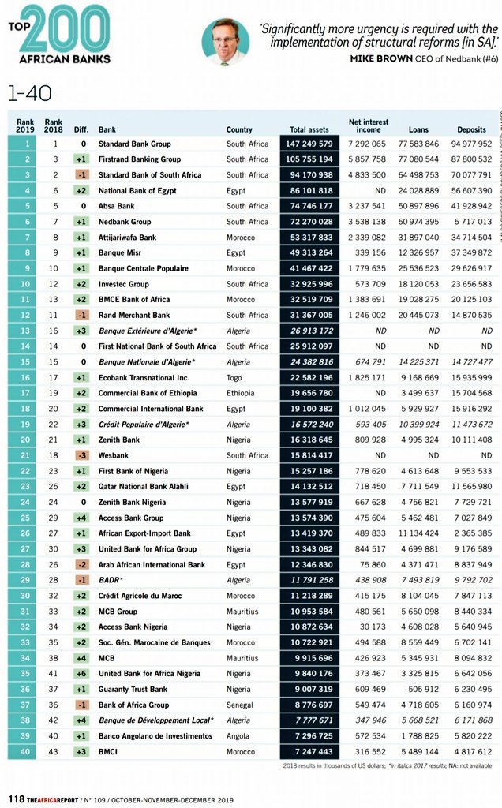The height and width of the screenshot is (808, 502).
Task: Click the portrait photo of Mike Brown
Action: (225, 42)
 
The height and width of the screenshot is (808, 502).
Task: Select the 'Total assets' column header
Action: (309, 129)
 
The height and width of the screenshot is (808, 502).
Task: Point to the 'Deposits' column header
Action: (471, 129)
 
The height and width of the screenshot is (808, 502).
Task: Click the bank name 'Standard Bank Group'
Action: (134, 144)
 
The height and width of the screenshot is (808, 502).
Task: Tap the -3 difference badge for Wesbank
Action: (81, 455)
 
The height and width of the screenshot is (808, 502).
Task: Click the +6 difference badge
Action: (81, 674)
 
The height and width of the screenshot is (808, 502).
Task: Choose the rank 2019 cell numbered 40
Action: (25, 752)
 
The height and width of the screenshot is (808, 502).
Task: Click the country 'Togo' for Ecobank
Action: (235, 378)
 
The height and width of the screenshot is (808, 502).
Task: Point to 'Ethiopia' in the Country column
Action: (241, 393)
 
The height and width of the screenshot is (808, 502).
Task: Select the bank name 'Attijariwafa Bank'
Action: (127, 238)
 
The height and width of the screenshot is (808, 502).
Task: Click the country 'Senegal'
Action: (241, 705)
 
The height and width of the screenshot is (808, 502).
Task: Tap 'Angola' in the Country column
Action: (238, 736)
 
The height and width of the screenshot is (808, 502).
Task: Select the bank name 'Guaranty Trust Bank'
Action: (133, 690)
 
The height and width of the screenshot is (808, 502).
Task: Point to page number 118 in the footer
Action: (14, 796)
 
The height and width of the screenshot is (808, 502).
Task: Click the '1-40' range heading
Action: (30, 93)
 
